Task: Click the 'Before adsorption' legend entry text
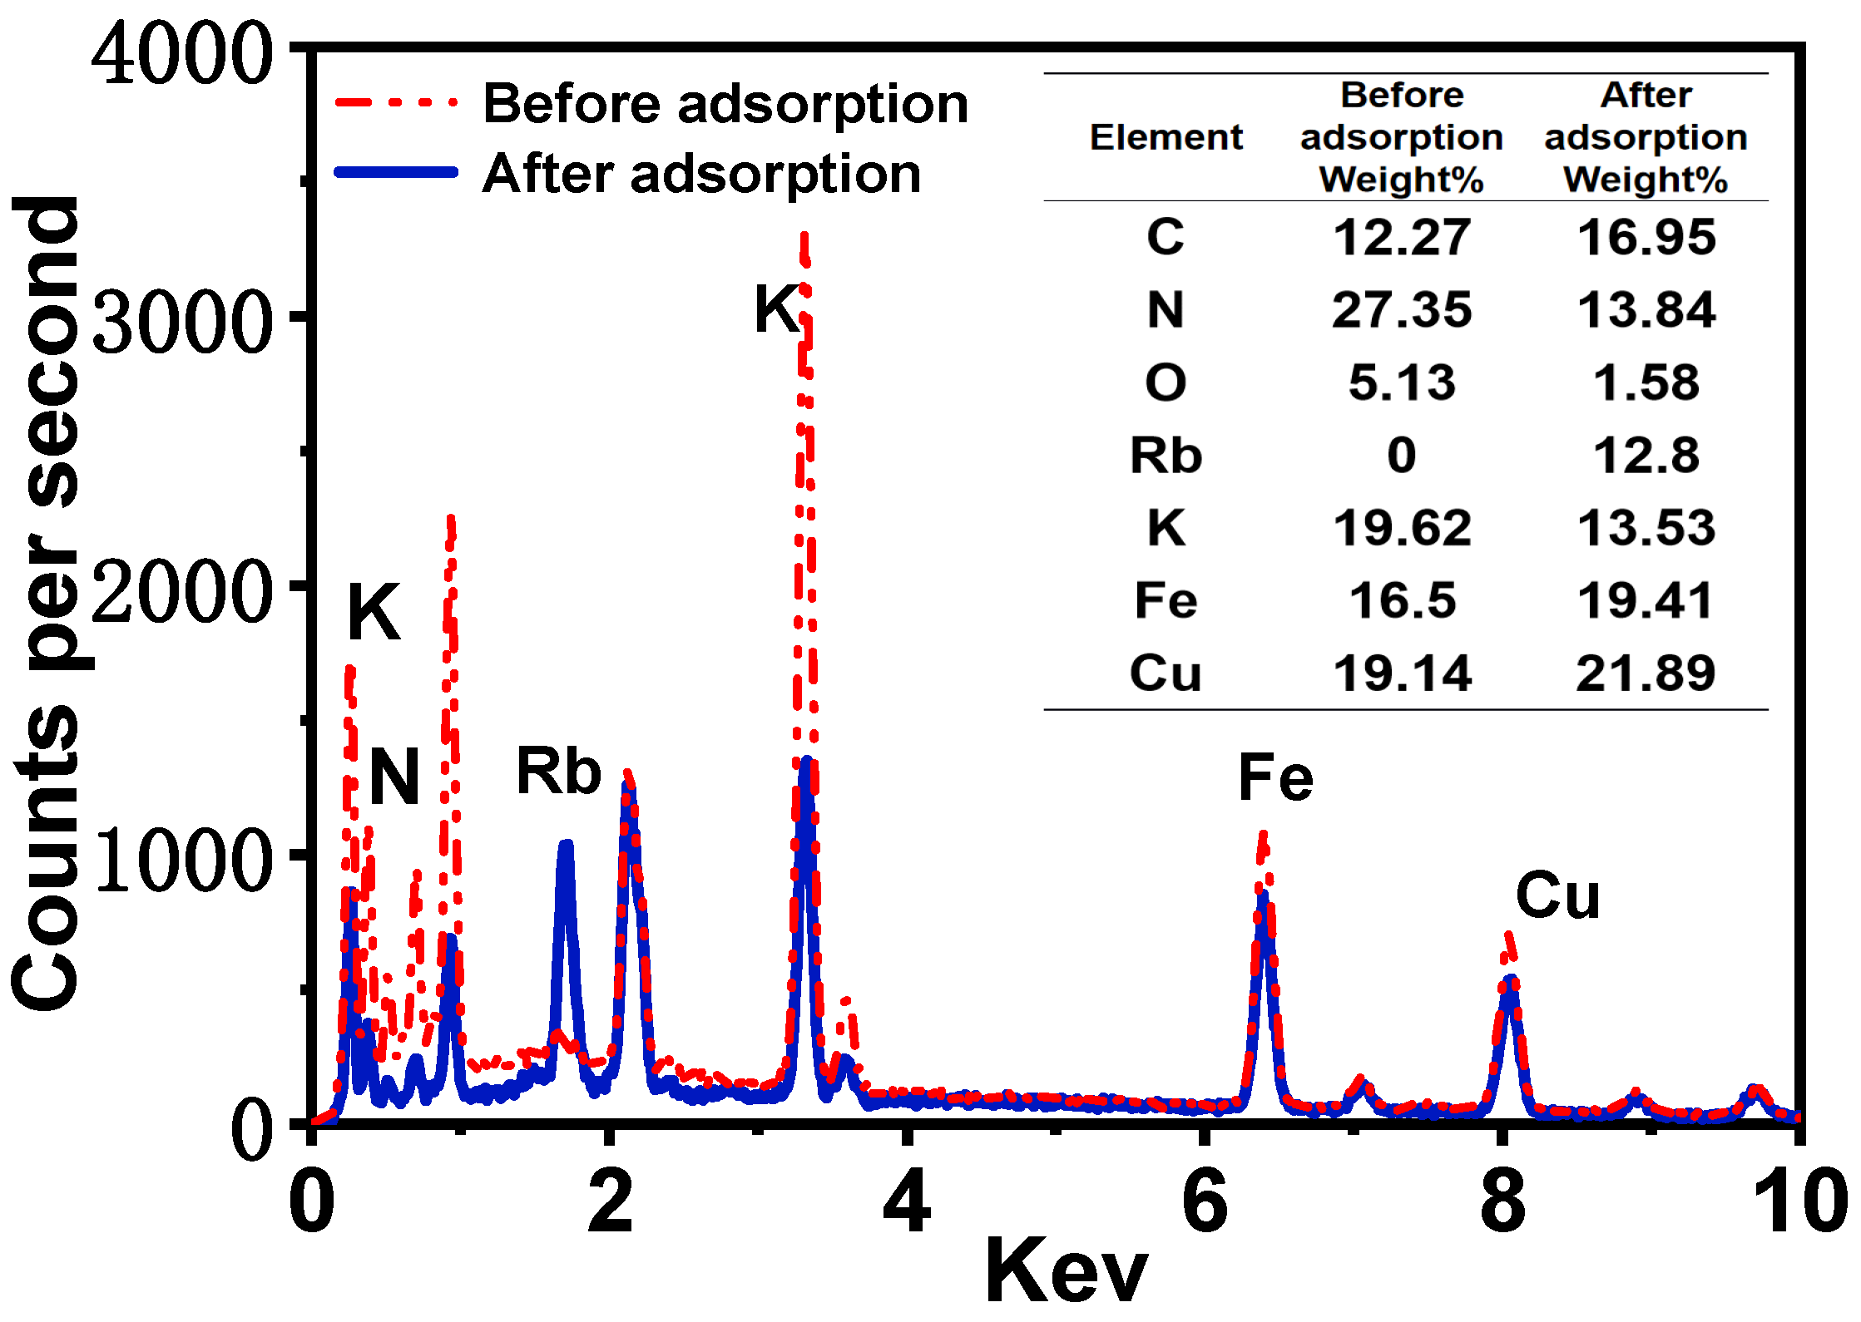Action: point(725,105)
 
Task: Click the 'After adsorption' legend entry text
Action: point(701,175)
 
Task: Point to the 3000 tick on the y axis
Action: point(182,320)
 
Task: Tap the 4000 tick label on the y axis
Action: point(182,55)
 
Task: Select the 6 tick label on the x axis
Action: point(1204,1202)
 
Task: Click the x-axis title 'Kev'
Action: point(1066,1272)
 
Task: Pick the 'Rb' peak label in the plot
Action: point(558,772)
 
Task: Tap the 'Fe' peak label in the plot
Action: point(1274,777)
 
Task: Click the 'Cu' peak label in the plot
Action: point(1557,895)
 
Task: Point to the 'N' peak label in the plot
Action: point(393,777)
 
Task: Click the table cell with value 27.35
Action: point(1402,310)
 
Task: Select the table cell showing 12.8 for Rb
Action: point(1646,456)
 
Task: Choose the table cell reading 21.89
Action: point(1646,673)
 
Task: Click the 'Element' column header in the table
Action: point(1166,137)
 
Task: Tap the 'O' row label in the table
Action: point(1166,383)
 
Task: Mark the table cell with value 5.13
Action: point(1402,383)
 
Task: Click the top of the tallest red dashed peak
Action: point(804,236)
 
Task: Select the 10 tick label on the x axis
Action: point(1800,1202)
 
